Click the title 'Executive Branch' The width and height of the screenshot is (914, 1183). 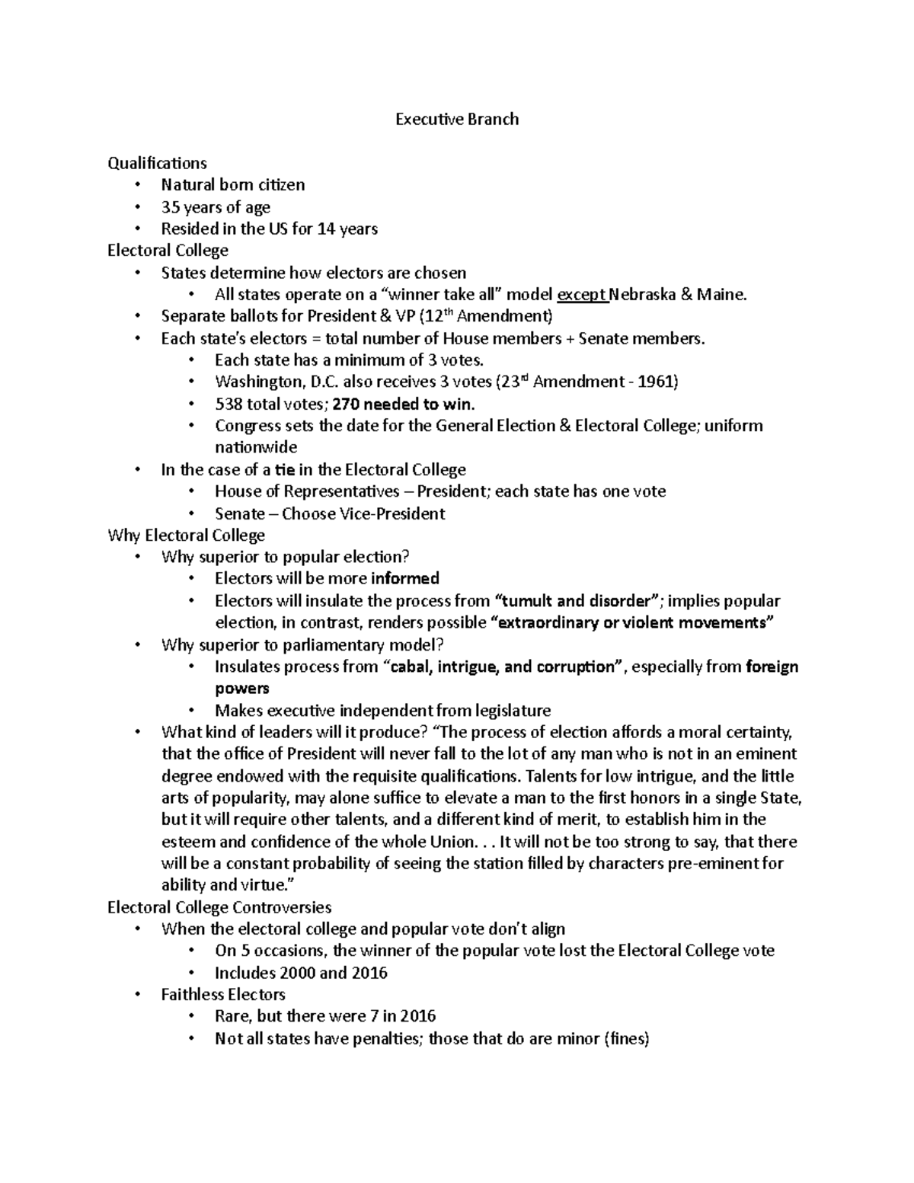(456, 119)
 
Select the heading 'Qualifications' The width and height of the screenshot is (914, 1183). (157, 163)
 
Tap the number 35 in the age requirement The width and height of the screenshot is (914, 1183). (169, 207)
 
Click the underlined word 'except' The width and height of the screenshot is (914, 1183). (582, 295)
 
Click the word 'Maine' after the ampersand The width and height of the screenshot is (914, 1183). (721, 295)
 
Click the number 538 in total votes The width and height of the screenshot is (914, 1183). (228, 404)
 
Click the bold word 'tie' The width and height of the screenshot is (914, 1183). (284, 470)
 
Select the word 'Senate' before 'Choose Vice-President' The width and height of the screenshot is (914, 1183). (240, 513)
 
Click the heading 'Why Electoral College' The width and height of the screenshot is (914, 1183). (186, 536)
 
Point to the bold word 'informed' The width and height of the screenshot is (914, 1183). (405, 579)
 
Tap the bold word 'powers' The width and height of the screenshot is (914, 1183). (242, 689)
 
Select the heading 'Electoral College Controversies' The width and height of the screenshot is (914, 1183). (219, 907)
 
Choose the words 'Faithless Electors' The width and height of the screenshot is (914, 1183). (223, 995)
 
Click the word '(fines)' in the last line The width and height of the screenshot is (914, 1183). (625, 1039)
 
